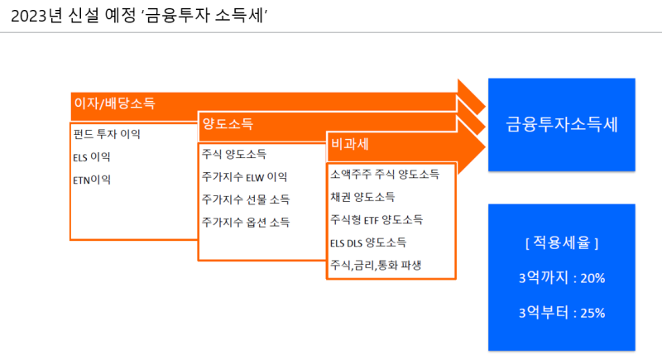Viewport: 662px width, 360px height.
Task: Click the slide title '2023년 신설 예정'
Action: tap(74, 16)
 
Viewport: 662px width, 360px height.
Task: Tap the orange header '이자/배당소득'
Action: tap(115, 103)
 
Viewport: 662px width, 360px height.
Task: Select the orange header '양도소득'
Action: tap(228, 123)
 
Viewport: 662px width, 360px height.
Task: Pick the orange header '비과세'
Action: tap(350, 144)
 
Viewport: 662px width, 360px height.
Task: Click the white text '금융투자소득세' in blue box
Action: tap(562, 124)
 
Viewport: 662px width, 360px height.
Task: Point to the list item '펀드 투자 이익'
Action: tap(107, 134)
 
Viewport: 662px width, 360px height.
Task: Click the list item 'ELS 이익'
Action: tap(92, 157)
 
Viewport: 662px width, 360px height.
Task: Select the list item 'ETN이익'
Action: tap(92, 180)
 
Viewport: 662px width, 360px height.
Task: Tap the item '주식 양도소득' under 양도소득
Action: tap(234, 154)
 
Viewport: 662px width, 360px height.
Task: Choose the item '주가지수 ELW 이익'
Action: tap(244, 177)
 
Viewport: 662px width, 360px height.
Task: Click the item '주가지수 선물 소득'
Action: tap(246, 199)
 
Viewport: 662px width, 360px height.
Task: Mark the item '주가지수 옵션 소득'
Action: tap(246, 222)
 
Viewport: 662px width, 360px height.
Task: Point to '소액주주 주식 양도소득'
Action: tap(385, 175)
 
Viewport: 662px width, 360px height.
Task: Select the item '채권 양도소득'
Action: tap(362, 197)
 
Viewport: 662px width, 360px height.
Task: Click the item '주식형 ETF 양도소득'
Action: tap(377, 220)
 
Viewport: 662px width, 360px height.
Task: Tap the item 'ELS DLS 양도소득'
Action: tap(368, 242)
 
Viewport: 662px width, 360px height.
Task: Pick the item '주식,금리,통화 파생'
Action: tap(376, 265)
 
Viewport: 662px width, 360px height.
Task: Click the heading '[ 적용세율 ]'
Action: tap(562, 242)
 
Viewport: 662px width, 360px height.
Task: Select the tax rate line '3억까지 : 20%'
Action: tap(562, 278)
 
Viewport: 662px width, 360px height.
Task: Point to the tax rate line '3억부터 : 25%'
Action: tap(562, 313)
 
